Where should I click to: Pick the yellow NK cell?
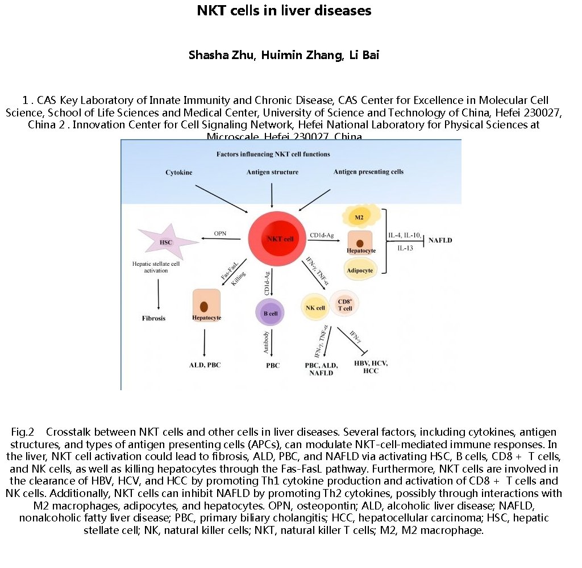pyautogui.click(x=315, y=308)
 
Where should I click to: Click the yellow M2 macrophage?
pyautogui.click(x=359, y=216)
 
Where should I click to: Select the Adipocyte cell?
pyautogui.click(x=359, y=270)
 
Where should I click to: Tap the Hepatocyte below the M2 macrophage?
pyautogui.click(x=360, y=243)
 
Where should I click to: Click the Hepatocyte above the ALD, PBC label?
pyautogui.click(x=206, y=307)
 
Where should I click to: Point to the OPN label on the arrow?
pyautogui.click(x=220, y=233)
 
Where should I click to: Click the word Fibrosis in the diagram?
pyautogui.click(x=153, y=318)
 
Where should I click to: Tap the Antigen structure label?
pyautogui.click(x=272, y=172)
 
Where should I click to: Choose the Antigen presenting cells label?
pyautogui.click(x=368, y=172)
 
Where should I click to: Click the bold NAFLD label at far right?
pyautogui.click(x=440, y=240)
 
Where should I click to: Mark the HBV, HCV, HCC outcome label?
pyautogui.click(x=371, y=366)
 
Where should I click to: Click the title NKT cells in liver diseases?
pyautogui.click(x=284, y=11)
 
